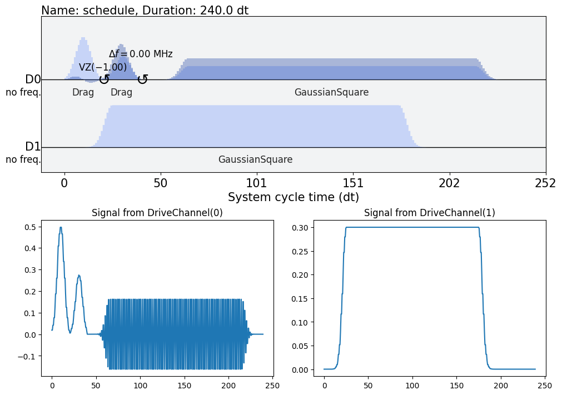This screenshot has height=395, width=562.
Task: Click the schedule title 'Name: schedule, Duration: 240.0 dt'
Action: (x=145, y=10)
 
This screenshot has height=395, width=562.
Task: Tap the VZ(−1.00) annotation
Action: (x=103, y=68)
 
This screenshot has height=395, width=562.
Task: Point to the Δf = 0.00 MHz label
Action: (x=141, y=54)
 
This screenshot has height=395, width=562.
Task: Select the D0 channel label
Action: (x=33, y=79)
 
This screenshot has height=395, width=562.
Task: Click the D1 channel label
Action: (x=33, y=147)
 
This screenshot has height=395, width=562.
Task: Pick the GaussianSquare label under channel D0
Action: (x=331, y=92)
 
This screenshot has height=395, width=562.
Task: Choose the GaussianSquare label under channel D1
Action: (x=255, y=159)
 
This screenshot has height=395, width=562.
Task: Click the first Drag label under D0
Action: (x=83, y=92)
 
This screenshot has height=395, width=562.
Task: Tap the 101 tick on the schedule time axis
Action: (x=256, y=183)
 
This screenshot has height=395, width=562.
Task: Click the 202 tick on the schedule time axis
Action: (x=449, y=183)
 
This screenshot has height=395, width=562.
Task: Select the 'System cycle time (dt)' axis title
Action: (x=293, y=197)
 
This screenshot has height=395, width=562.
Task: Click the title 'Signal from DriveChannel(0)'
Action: (x=157, y=213)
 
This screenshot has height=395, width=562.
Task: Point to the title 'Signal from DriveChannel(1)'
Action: (x=429, y=213)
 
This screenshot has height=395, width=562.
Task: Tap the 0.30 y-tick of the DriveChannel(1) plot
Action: (x=303, y=227)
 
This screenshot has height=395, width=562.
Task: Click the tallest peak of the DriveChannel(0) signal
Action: (x=61, y=227)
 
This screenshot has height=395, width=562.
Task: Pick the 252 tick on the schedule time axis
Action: (x=545, y=183)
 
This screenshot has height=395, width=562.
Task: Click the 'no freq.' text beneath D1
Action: (x=23, y=160)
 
